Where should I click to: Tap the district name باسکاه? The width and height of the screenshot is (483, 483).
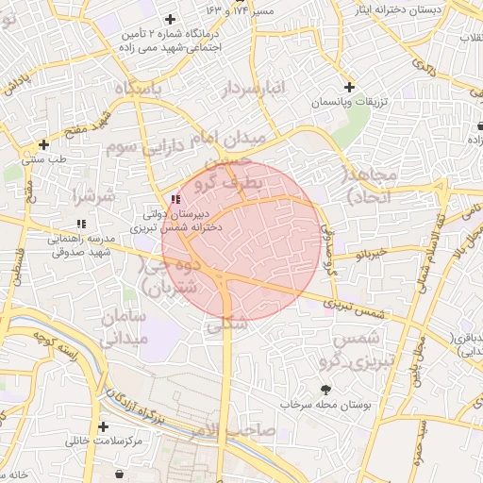152,89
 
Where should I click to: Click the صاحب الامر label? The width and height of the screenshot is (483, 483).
244,430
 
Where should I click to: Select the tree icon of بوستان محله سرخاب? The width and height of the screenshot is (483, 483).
326,390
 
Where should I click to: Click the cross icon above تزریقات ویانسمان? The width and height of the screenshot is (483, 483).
349,87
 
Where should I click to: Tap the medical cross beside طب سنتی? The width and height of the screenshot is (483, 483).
43,144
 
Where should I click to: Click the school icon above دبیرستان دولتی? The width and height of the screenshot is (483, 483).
175,199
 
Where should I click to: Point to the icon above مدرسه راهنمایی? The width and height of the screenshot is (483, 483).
81,224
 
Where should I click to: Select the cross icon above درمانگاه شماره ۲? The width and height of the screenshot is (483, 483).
170,19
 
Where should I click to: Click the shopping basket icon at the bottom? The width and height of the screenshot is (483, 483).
118,473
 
